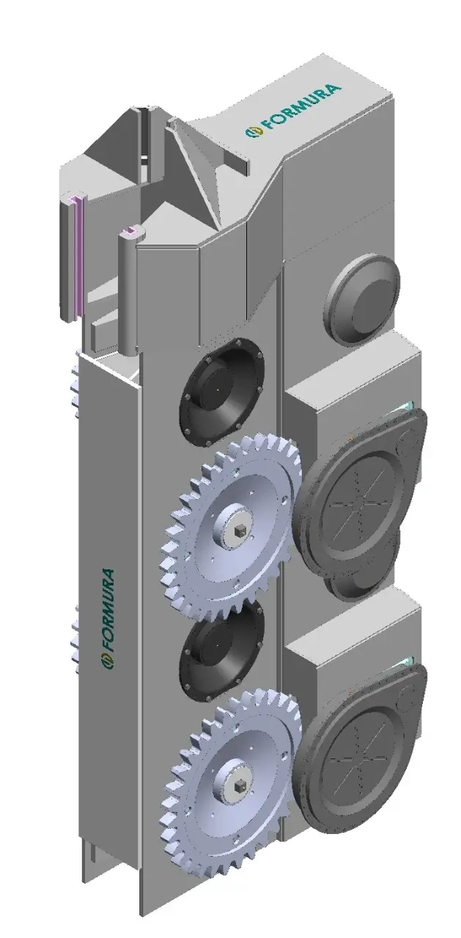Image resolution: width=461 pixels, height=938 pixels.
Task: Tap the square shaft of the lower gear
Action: [240, 786]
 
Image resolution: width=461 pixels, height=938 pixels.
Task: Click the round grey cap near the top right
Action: [363, 298]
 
